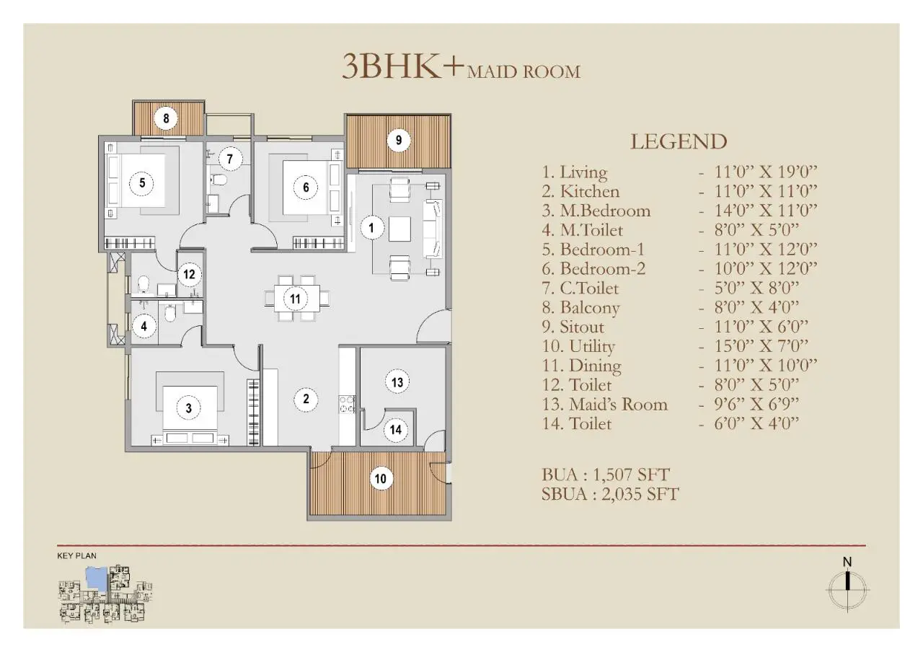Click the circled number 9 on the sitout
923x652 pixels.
tap(399, 141)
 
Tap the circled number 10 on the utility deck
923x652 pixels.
tap(381, 478)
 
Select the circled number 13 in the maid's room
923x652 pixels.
tap(397, 382)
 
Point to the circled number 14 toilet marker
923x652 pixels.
tap(396, 430)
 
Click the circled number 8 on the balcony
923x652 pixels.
tap(166, 118)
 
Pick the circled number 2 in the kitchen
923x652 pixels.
tap(306, 399)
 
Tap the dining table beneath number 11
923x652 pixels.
tap(296, 298)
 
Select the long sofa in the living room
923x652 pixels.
tap(433, 229)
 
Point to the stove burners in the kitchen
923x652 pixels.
tap(347, 404)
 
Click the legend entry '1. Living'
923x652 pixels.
tap(575, 172)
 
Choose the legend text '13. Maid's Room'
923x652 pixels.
tap(604, 404)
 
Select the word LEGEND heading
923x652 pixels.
tap(679, 141)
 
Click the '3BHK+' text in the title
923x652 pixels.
tap(402, 66)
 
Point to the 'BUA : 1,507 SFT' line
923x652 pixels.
tap(606, 475)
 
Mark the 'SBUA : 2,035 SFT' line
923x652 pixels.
tap(610, 494)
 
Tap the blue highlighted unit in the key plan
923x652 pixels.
tap(96, 577)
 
